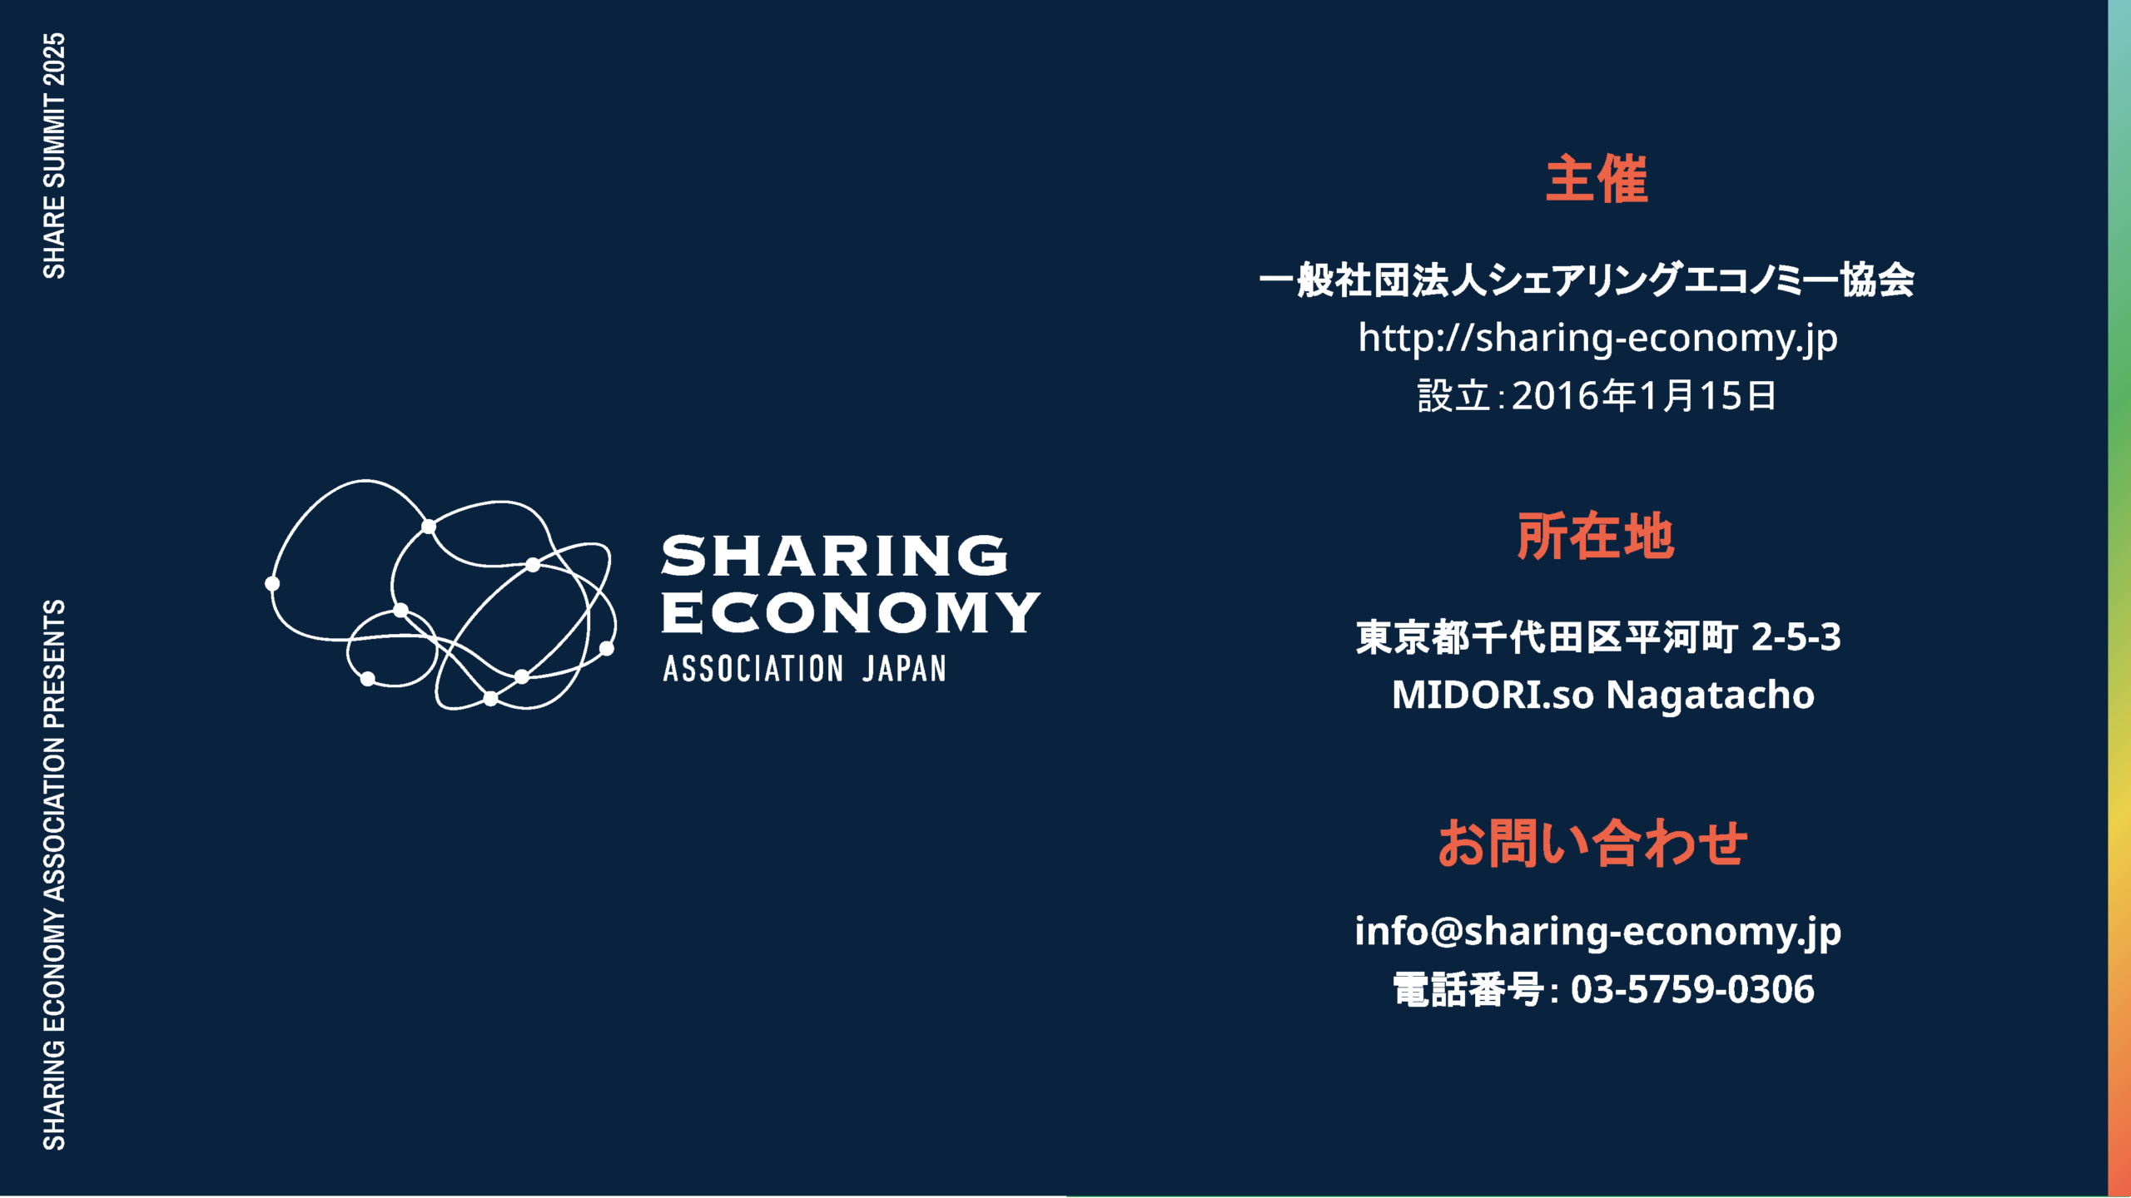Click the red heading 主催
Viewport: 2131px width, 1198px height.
(x=1597, y=179)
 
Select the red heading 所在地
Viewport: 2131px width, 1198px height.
(x=1595, y=537)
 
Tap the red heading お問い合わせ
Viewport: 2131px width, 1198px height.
(x=1592, y=843)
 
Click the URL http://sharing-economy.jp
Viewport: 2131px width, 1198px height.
(x=1597, y=339)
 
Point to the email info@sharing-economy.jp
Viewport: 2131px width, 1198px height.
(x=1598, y=932)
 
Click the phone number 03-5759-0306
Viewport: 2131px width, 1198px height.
(x=1692, y=989)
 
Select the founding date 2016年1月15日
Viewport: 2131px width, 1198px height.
(x=1644, y=396)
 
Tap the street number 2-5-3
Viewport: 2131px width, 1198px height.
(x=1796, y=637)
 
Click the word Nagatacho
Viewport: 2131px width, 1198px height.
(x=1710, y=696)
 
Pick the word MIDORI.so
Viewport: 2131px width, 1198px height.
(x=1493, y=696)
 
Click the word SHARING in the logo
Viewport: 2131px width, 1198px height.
(x=835, y=556)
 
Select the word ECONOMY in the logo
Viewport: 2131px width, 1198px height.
(x=851, y=613)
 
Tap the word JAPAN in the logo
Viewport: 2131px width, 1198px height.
(x=904, y=669)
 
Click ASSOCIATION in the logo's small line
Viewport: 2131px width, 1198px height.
(x=753, y=669)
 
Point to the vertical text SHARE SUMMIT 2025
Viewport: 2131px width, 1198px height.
(x=54, y=156)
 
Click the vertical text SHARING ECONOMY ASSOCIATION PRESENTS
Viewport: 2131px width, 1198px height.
(x=54, y=874)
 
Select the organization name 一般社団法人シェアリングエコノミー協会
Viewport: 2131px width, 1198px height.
(x=1587, y=280)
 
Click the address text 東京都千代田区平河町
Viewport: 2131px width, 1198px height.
(x=1547, y=637)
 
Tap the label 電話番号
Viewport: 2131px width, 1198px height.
(x=1468, y=990)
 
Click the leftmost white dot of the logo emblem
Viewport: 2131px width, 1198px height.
(x=272, y=584)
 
